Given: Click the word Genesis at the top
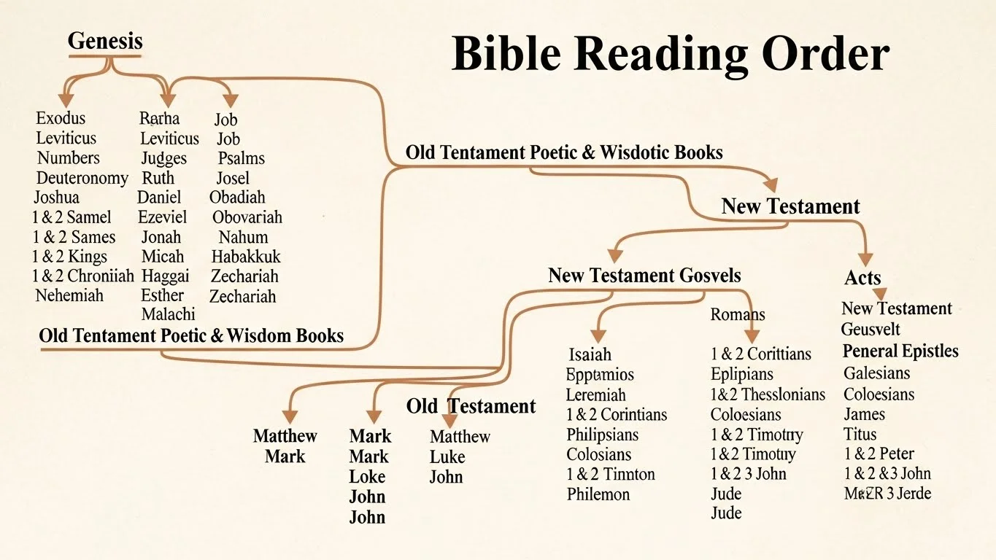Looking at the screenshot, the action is [105, 41].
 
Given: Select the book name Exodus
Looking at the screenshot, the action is [61, 118].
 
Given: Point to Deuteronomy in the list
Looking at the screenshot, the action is [82, 178].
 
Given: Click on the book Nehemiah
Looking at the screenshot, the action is [69, 295].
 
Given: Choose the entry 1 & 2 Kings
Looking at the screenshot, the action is [69, 257].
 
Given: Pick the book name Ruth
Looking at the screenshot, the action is [158, 178].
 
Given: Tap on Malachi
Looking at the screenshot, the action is [168, 314].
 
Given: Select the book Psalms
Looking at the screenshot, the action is [241, 158].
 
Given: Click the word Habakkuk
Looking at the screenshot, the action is [246, 257].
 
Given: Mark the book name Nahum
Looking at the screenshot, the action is [243, 237].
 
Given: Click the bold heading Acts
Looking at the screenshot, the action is [862, 278].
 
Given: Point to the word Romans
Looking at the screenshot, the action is [738, 314].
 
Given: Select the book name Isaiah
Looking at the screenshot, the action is [590, 355].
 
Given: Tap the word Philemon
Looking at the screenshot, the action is [598, 494].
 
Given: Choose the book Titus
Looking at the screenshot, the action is [860, 434].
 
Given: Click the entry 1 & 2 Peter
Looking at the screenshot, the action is [879, 454].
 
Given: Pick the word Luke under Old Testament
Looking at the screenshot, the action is [447, 457].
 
